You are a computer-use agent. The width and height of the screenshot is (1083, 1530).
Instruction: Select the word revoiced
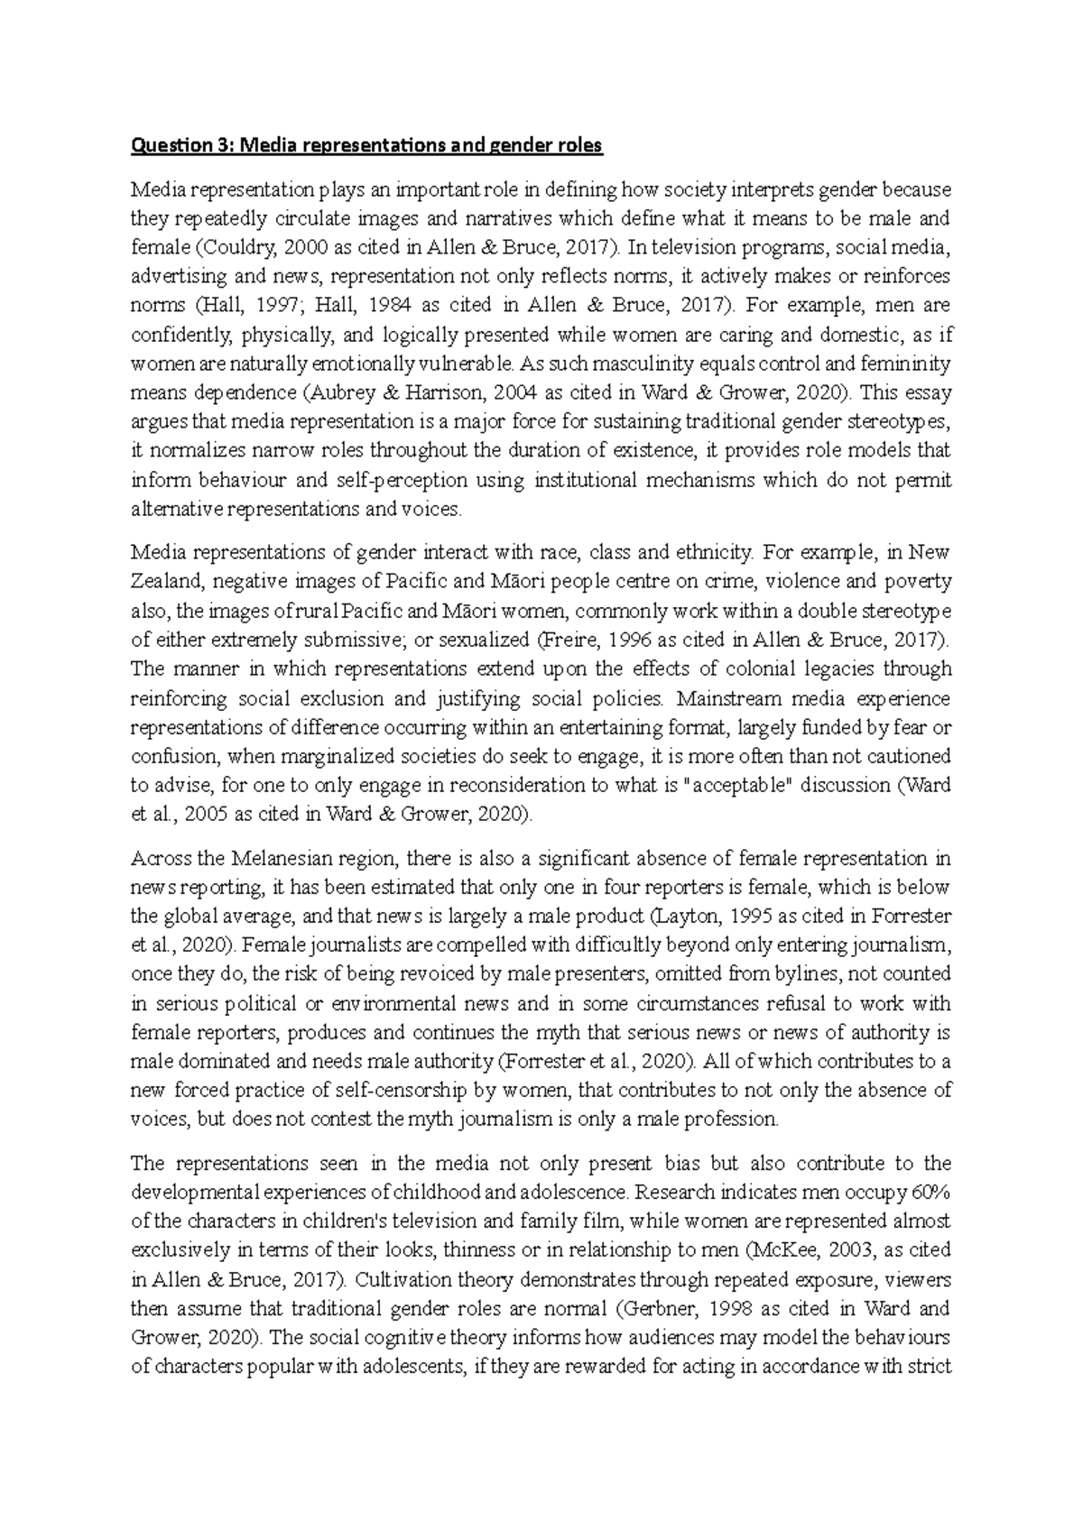[430, 974]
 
